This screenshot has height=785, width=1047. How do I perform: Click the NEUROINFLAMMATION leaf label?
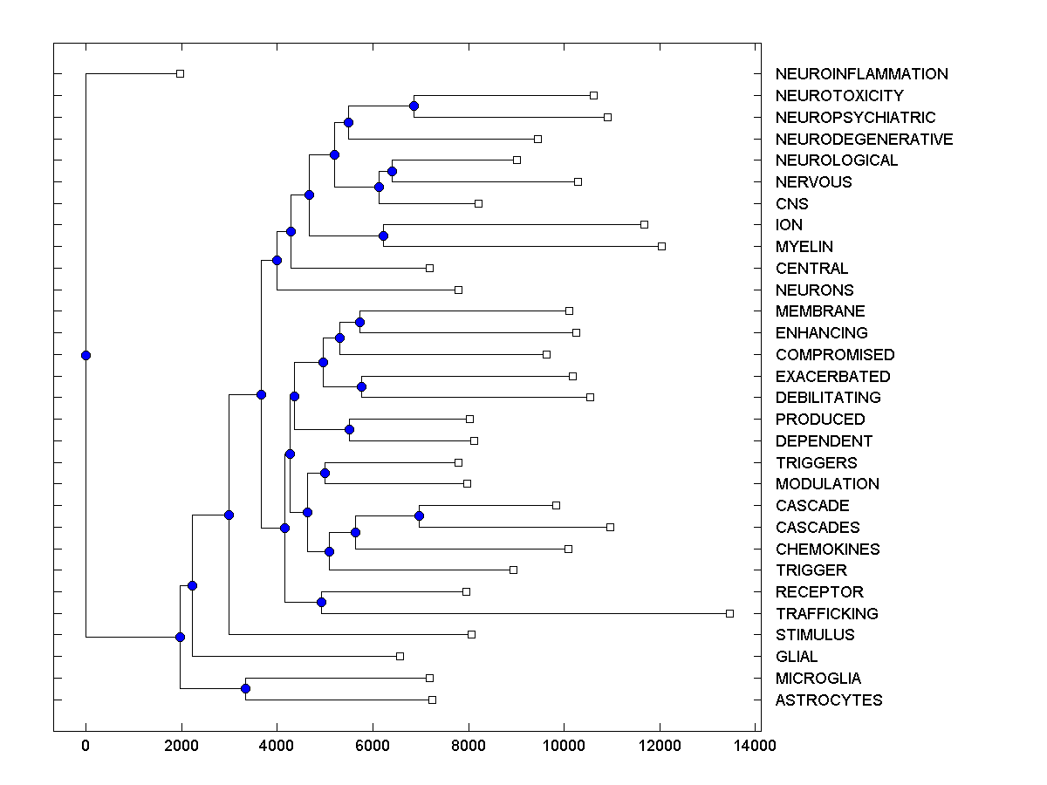[861, 74]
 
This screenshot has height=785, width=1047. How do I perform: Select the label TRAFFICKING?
[826, 614]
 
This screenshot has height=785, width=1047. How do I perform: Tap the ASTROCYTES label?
[828, 700]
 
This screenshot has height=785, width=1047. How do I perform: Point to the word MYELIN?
[804, 247]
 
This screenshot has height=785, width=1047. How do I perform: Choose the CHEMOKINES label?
[827, 549]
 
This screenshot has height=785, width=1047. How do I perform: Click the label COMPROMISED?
[834, 355]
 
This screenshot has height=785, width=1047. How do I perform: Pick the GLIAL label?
[797, 657]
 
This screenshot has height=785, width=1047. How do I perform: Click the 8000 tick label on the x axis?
[468, 746]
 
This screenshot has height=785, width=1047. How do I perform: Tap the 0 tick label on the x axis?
[86, 746]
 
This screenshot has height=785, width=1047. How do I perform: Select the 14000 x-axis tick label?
[755, 746]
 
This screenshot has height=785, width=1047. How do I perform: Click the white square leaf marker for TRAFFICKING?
[729, 613]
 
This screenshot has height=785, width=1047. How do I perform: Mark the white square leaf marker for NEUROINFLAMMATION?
[180, 73]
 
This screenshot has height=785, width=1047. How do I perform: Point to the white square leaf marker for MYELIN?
[661, 246]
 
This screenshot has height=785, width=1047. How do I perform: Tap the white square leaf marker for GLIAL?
[400, 656]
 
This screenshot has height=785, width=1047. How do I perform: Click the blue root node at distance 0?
[86, 355]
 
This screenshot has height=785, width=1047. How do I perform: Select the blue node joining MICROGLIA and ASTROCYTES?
[245, 689]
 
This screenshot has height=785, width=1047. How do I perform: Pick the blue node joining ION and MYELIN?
[383, 235]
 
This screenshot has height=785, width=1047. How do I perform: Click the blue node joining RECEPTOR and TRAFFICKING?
[321, 603]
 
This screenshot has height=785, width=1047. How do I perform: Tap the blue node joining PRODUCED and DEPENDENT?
[349, 430]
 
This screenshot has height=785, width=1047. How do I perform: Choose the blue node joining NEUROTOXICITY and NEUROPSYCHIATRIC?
[414, 106]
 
